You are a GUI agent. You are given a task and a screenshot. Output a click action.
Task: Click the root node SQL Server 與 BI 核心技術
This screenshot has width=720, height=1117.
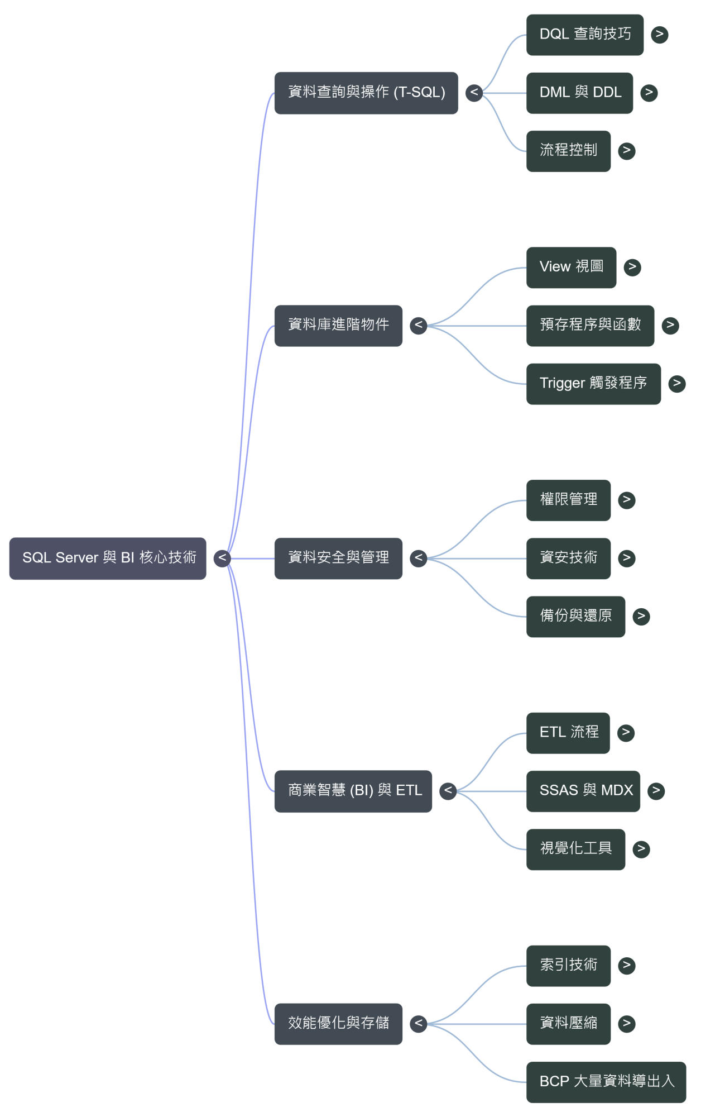coord(108,558)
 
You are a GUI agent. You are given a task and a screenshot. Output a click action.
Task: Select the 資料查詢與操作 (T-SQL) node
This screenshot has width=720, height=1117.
coord(366,93)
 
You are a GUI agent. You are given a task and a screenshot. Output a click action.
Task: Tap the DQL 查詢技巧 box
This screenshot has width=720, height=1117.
coord(584,35)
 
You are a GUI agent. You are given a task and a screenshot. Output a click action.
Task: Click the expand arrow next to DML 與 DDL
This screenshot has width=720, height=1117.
coord(649,93)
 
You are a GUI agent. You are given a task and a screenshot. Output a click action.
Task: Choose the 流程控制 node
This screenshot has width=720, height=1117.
coord(568,151)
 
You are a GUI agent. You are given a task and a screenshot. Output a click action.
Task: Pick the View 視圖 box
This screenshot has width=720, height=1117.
coord(571,268)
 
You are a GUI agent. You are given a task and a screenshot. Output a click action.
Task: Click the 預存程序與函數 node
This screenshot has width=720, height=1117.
coord(590,326)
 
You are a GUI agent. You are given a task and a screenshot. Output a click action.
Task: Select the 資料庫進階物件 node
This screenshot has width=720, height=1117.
coord(338,326)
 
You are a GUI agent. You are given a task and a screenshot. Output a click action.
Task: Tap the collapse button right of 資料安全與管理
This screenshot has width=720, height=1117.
coord(419,558)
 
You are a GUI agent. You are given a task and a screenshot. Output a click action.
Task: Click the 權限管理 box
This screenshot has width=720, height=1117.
coord(568,500)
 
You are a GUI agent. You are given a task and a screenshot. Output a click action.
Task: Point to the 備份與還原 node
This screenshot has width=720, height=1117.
coord(575,616)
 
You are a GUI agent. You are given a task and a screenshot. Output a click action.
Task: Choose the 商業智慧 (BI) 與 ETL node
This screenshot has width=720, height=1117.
coord(353,791)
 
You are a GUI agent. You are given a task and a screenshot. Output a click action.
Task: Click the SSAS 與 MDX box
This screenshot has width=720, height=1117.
coord(583,791)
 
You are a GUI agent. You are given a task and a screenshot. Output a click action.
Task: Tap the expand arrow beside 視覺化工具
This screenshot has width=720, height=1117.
coord(641,849)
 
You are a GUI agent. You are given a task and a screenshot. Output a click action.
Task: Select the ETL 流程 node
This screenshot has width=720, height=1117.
coord(568,733)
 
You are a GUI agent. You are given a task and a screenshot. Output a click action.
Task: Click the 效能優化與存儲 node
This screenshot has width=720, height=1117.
coord(338,1024)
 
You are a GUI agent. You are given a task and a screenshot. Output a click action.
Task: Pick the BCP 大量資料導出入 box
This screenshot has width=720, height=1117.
coord(606,1082)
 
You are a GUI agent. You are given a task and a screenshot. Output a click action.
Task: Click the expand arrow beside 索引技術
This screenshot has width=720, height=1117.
coord(627,965)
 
